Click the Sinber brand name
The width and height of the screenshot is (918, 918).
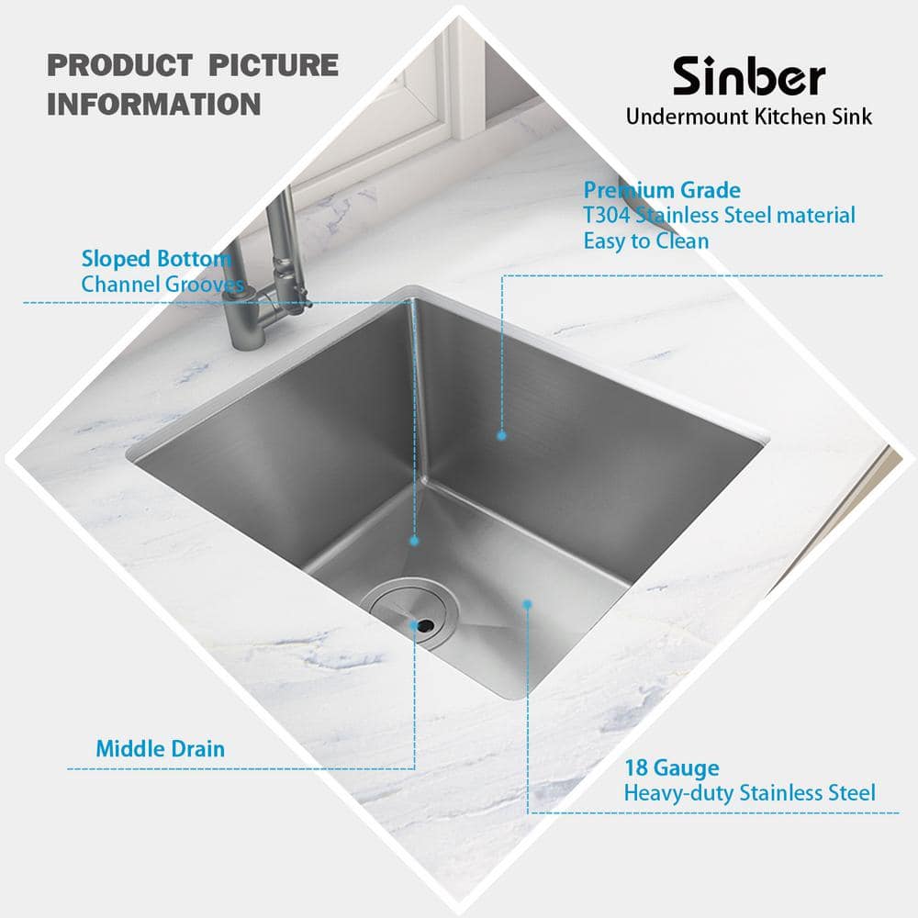[749, 78]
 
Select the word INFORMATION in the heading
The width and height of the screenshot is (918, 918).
[153, 103]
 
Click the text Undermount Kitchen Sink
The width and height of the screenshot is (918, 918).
[749, 117]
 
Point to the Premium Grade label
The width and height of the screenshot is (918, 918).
[662, 190]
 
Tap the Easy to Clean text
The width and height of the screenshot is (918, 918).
[646, 241]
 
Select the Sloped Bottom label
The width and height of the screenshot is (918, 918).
[156, 258]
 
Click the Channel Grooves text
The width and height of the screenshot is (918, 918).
[162, 284]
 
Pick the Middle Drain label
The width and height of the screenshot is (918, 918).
[160, 748]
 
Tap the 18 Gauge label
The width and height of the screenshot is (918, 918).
[672, 767]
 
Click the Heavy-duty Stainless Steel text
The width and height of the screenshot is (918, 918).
[749, 792]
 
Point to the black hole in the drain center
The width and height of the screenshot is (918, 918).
[425, 625]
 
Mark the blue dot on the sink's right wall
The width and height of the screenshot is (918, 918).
[502, 436]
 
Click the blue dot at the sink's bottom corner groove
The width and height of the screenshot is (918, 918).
[414, 542]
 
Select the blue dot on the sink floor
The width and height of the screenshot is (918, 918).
[528, 603]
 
